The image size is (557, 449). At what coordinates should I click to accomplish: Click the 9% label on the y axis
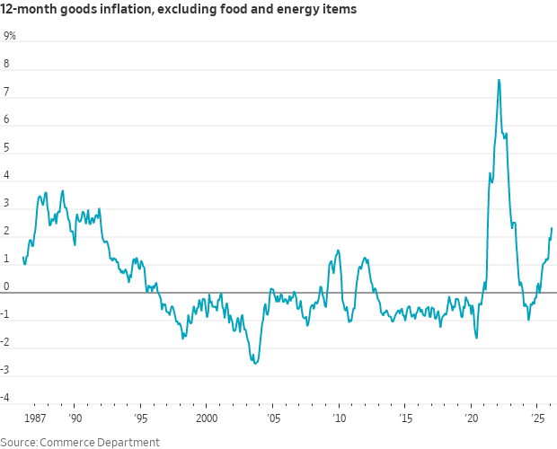pyautogui.click(x=10, y=36)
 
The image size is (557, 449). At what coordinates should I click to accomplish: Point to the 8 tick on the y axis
pyautogui.click(x=6, y=65)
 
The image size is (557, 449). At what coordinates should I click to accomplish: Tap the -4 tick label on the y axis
pyautogui.click(x=8, y=398)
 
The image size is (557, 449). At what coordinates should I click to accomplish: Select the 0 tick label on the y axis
pyautogui.click(x=6, y=286)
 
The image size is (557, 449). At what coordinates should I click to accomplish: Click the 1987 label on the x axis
pyautogui.click(x=34, y=418)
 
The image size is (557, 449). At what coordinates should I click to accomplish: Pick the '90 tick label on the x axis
pyautogui.click(x=75, y=418)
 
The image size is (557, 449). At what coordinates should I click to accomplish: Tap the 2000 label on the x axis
pyautogui.click(x=207, y=418)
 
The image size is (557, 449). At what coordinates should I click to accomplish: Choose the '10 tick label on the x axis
pyautogui.click(x=339, y=418)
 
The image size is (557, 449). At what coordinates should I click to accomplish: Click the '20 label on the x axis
pyautogui.click(x=471, y=418)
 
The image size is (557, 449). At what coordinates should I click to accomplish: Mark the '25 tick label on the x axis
pyautogui.click(x=537, y=418)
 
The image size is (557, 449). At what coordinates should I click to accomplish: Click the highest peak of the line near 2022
pyautogui.click(x=499, y=80)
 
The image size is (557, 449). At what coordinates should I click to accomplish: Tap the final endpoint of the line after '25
pyautogui.click(x=552, y=228)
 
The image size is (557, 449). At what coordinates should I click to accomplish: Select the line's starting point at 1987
pyautogui.click(x=22, y=258)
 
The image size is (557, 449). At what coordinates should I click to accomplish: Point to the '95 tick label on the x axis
pyautogui.click(x=141, y=418)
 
